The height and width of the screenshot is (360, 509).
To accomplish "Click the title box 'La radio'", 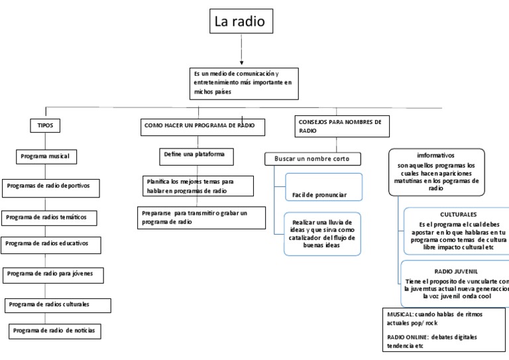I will (239, 22).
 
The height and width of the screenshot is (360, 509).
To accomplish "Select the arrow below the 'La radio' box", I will (241, 50).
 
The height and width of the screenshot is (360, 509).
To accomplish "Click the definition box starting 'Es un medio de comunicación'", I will (241, 82).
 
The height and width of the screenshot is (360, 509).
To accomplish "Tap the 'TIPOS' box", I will (45, 125).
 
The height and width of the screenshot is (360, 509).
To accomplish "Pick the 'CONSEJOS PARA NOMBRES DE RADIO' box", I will (341, 126).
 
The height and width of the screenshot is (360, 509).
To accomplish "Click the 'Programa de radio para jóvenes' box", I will (54, 273).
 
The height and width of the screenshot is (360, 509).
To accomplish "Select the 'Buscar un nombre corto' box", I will (313, 159).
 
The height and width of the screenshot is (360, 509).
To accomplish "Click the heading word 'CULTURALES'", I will (458, 215).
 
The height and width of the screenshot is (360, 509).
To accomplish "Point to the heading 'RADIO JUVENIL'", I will (456, 271).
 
